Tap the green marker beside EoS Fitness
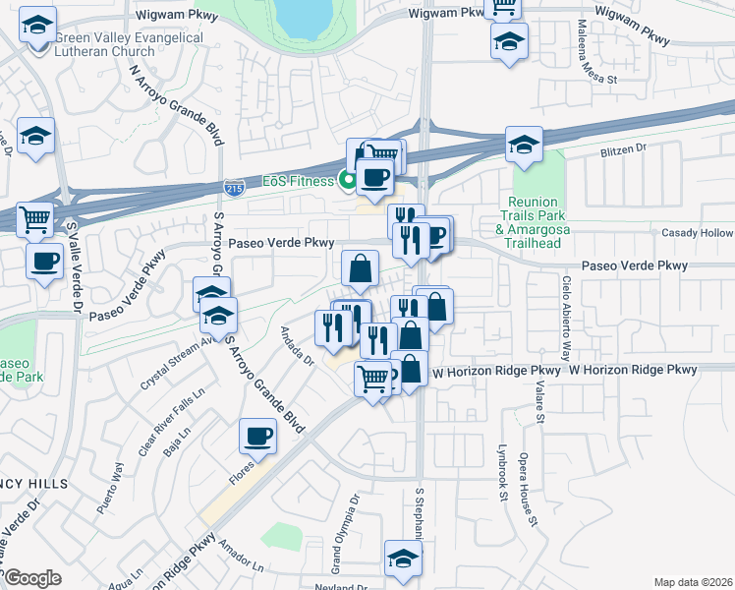[346, 179]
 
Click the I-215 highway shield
[236, 186]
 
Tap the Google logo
[31, 578]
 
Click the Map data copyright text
[693, 581]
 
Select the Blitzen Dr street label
[623, 149]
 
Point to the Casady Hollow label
[697, 233]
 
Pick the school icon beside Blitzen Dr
[524, 145]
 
